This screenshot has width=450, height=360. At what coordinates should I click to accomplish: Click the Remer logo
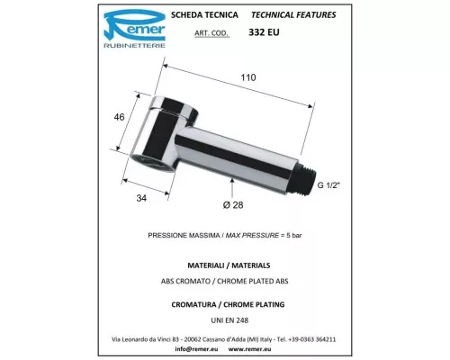[x=134, y=29]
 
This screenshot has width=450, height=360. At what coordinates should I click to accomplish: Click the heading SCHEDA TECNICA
[x=204, y=15]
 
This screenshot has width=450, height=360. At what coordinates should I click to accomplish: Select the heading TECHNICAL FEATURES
[x=293, y=15]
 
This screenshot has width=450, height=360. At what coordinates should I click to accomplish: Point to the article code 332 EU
[x=264, y=32]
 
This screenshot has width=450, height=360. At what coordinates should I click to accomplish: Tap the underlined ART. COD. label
[x=212, y=33]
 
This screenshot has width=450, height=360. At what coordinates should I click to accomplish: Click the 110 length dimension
[x=248, y=77]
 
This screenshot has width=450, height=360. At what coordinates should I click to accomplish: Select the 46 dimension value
[x=119, y=117]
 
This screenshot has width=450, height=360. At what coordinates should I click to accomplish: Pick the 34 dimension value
[x=141, y=198]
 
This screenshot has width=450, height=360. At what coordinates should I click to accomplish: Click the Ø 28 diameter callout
[x=233, y=205]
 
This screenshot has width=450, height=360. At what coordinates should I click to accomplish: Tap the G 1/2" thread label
[x=328, y=185]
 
